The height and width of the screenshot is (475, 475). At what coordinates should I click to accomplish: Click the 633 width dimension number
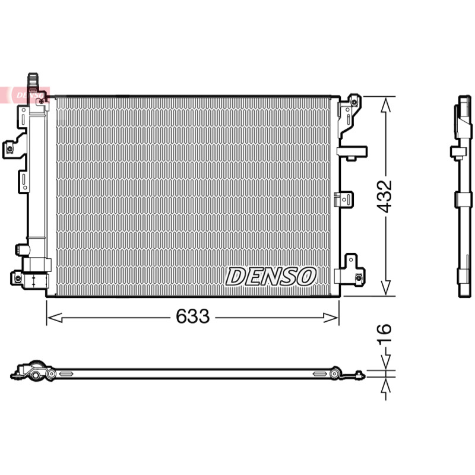[x=192, y=316]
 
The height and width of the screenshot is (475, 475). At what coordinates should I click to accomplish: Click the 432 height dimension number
[x=384, y=197]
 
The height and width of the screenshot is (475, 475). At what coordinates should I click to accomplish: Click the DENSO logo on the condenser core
[x=271, y=276]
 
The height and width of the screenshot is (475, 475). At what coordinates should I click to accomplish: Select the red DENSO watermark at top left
[x=24, y=95]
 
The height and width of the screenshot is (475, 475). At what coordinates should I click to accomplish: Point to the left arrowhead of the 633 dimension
[x=55, y=318]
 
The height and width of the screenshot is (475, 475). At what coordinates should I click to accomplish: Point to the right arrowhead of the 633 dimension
[x=331, y=318]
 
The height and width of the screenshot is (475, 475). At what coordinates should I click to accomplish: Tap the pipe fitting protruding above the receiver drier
[x=33, y=81]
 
